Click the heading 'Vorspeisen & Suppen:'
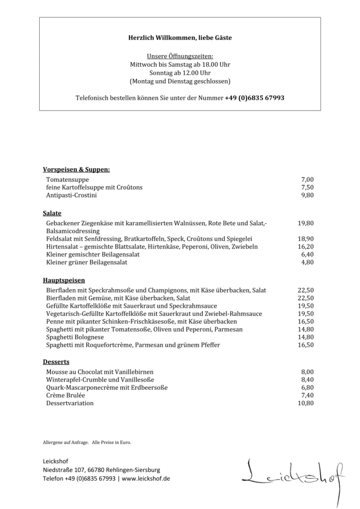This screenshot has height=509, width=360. [x=76, y=170]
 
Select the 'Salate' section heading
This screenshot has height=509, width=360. [x=52, y=213]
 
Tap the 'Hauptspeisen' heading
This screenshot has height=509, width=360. [x=64, y=280]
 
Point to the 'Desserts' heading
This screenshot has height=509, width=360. [x=56, y=362]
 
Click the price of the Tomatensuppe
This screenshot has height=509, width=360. [x=307, y=179]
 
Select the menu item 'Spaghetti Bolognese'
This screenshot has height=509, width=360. [x=75, y=337]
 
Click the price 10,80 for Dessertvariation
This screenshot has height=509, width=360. [x=305, y=403]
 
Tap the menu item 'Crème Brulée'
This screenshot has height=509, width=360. [x=65, y=395]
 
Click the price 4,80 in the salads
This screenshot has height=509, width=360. [x=307, y=262]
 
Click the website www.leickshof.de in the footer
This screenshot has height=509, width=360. [x=146, y=478]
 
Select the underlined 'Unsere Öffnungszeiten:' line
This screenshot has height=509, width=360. [x=180, y=57]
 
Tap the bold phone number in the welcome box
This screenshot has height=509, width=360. [x=255, y=98]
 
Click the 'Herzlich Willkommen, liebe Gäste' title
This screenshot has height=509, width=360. [x=180, y=38]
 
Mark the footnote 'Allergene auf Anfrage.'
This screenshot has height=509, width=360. [x=66, y=442]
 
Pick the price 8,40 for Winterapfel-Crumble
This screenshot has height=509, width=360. [x=307, y=379]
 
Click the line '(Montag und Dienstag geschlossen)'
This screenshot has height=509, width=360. [x=180, y=81]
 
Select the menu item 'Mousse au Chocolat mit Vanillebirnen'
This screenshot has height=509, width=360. [x=100, y=371]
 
